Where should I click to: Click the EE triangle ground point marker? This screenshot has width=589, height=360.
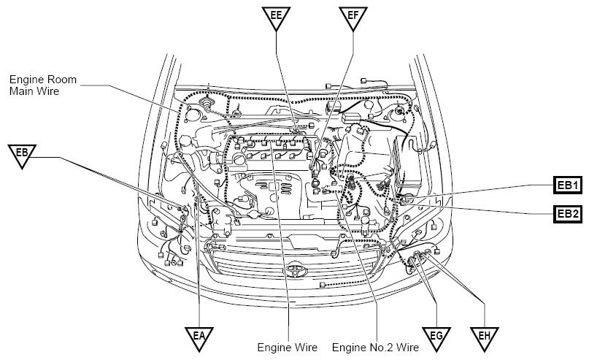(x=276, y=17)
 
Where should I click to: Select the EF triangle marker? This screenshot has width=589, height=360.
(x=353, y=17)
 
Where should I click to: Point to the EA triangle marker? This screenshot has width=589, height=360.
(x=199, y=338)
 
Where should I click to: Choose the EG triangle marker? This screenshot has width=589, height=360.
(x=436, y=338)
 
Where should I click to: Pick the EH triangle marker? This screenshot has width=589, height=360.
(x=485, y=338)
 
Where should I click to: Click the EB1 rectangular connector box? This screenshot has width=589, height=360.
(x=568, y=185)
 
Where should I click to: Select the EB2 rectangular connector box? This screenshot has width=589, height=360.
(x=568, y=214)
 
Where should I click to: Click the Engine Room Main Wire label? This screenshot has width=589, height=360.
(x=43, y=85)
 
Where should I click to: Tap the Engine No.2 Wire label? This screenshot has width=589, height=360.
(x=375, y=348)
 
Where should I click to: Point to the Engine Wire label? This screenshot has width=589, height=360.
(x=288, y=348)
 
